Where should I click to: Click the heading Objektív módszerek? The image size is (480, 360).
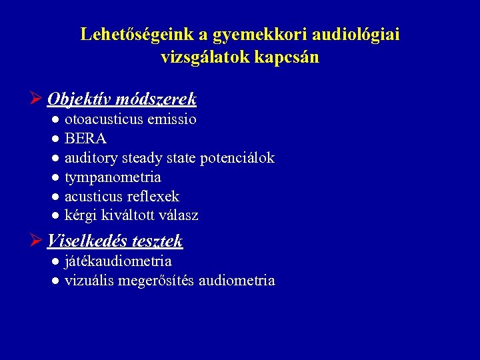122,99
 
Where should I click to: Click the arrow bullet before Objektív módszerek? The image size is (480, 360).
37,99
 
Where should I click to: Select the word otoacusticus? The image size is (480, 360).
107,120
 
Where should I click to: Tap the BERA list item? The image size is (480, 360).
85,139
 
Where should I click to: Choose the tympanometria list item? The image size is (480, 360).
113,177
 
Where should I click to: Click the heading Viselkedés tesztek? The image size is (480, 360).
115,240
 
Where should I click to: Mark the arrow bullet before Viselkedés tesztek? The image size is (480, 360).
37,240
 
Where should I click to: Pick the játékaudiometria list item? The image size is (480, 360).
118,261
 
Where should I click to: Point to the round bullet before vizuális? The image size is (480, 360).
56,281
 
